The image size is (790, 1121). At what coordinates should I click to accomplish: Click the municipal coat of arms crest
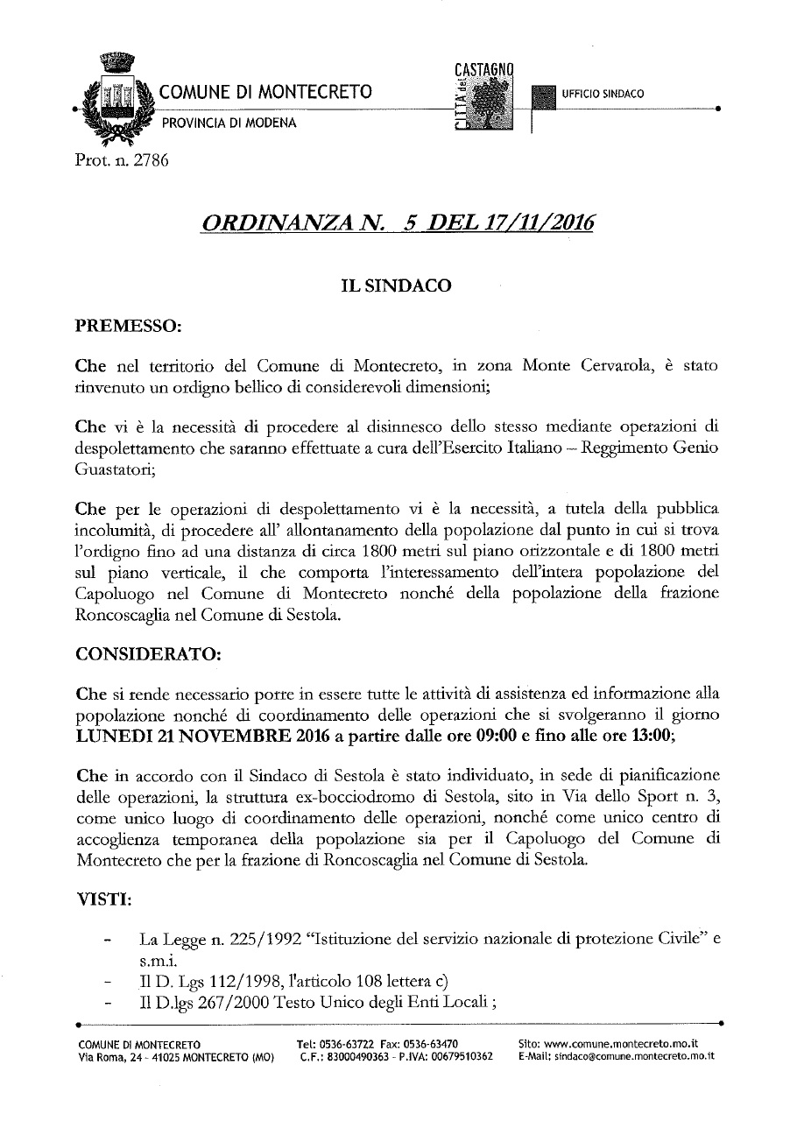pyautogui.click(x=111, y=99)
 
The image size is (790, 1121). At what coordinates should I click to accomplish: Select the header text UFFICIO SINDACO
pyautogui.click(x=603, y=94)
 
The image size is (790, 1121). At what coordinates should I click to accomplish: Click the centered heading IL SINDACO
pyautogui.click(x=396, y=286)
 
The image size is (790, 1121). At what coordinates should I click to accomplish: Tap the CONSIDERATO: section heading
pyautogui.click(x=149, y=653)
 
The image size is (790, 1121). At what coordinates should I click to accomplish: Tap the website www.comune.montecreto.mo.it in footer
pyautogui.click(x=621, y=1044)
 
